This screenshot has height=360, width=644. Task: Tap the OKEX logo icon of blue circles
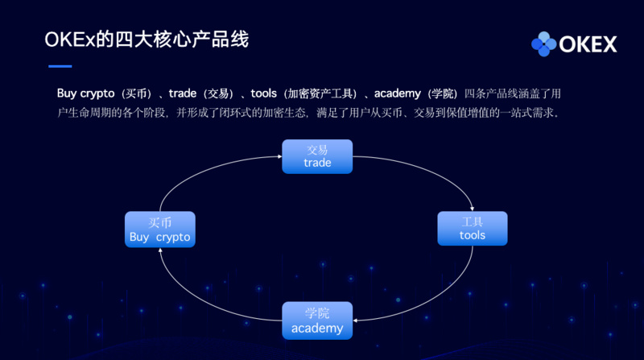(x=544, y=43)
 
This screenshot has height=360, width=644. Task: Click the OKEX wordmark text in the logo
(x=588, y=44)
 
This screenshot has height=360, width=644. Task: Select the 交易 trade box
(x=317, y=156)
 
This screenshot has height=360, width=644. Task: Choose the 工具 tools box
(x=473, y=228)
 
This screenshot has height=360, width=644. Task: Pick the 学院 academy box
(x=317, y=320)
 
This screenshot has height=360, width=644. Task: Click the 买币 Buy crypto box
(x=160, y=229)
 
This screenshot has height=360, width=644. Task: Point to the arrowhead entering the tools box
(x=473, y=209)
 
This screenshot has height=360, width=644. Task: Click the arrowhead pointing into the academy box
(x=357, y=320)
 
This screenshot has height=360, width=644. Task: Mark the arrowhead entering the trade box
(x=278, y=156)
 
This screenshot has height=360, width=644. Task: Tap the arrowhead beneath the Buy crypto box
(x=160, y=250)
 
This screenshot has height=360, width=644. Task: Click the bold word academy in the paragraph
(x=399, y=93)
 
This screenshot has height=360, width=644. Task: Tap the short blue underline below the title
(x=56, y=66)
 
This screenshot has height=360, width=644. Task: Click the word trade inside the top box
(x=317, y=163)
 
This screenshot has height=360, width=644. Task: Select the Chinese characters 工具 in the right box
(x=473, y=221)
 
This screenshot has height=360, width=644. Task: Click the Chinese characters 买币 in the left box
(x=160, y=222)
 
